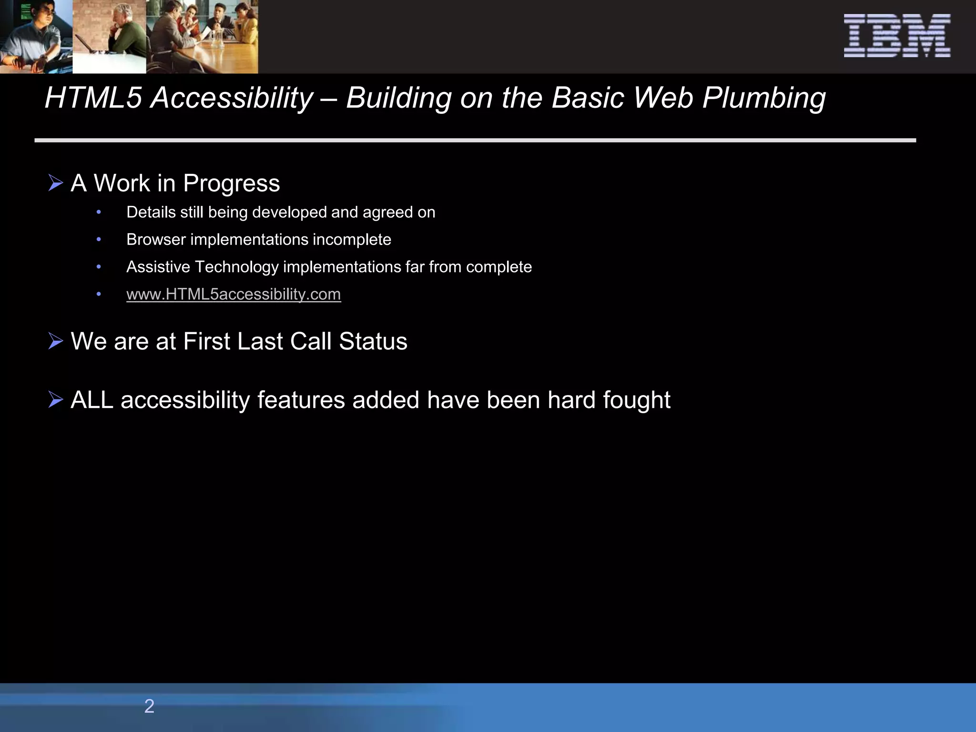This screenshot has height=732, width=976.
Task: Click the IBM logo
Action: [x=897, y=36]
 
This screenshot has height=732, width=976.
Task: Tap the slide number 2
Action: [x=149, y=706]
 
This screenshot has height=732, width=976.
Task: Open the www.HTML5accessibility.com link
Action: [x=234, y=294]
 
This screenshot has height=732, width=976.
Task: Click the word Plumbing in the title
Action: [x=764, y=99]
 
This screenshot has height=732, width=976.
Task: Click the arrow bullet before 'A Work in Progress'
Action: [x=56, y=183]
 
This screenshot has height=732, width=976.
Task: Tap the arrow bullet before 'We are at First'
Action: [x=56, y=341]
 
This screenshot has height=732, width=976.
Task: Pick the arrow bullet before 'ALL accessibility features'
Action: [x=56, y=400]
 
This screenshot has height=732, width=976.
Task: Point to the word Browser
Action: [x=156, y=239]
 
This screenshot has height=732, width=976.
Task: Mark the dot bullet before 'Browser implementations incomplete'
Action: [x=99, y=239]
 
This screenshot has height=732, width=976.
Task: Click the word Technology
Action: [x=236, y=267]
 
